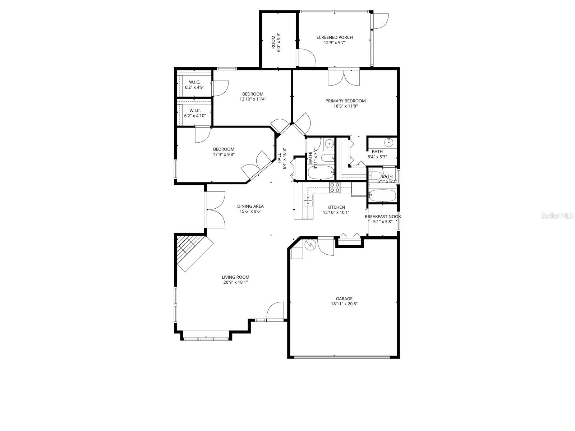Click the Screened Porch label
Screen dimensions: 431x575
pos(334,37)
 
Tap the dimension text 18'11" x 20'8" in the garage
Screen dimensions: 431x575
pos(344,304)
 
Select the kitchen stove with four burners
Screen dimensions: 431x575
pos(335,187)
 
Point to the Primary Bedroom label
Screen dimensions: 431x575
pos(345,101)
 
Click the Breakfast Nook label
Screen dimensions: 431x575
pos(383,217)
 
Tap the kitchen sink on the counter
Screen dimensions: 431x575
pos(308,200)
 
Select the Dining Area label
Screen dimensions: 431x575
pos(250,206)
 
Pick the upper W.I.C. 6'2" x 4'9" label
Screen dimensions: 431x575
pos(194,84)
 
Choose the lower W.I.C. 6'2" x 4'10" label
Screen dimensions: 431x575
pos(194,113)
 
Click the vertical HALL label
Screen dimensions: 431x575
pos(279,158)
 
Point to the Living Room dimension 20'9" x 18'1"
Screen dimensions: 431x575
pos(235,282)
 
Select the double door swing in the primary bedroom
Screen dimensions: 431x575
pos(344,78)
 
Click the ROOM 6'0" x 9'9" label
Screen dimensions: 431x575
pos(276,43)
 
